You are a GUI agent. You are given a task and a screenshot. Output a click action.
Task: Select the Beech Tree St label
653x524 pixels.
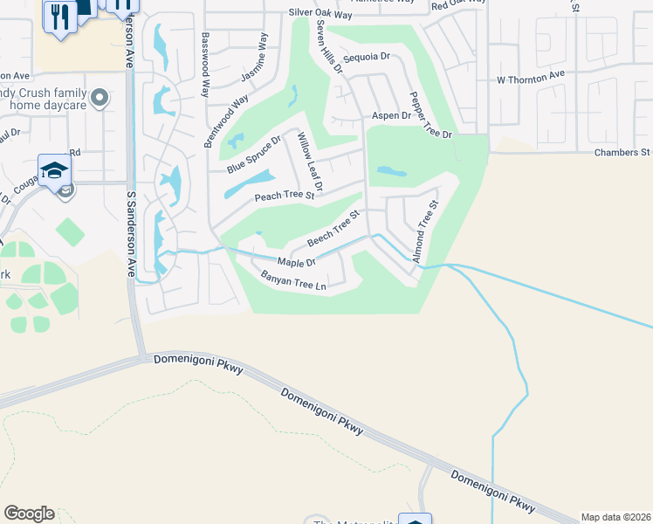[333, 228]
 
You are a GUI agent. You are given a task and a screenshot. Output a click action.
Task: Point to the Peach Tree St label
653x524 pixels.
[284, 196]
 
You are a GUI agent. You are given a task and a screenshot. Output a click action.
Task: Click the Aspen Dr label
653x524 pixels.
[391, 115]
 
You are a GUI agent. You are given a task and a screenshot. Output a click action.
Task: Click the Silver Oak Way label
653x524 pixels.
[320, 15]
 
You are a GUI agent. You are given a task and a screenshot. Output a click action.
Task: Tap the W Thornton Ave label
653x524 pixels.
[530, 79]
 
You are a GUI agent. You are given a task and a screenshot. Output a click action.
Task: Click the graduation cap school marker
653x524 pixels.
[53, 169]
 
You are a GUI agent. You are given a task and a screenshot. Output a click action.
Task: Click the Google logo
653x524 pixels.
[29, 514]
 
